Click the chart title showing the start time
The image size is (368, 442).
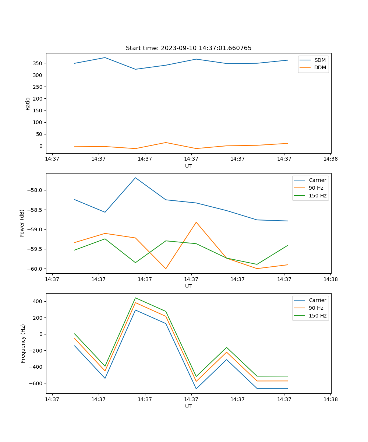coord(188,48)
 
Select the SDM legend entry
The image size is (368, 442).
coord(319,60)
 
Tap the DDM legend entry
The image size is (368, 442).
coord(320,68)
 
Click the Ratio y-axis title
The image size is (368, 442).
coord(28,104)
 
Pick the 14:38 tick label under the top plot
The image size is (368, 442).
coord(330,159)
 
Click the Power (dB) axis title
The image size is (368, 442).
coord(22,223)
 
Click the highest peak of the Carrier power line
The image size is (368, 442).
coord(135,178)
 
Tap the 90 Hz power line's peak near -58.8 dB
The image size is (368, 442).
coord(196,222)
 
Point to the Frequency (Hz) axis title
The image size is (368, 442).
coord(23,343)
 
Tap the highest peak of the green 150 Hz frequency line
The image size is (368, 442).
coord(135,298)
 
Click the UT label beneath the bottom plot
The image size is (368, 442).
coord(188,406)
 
